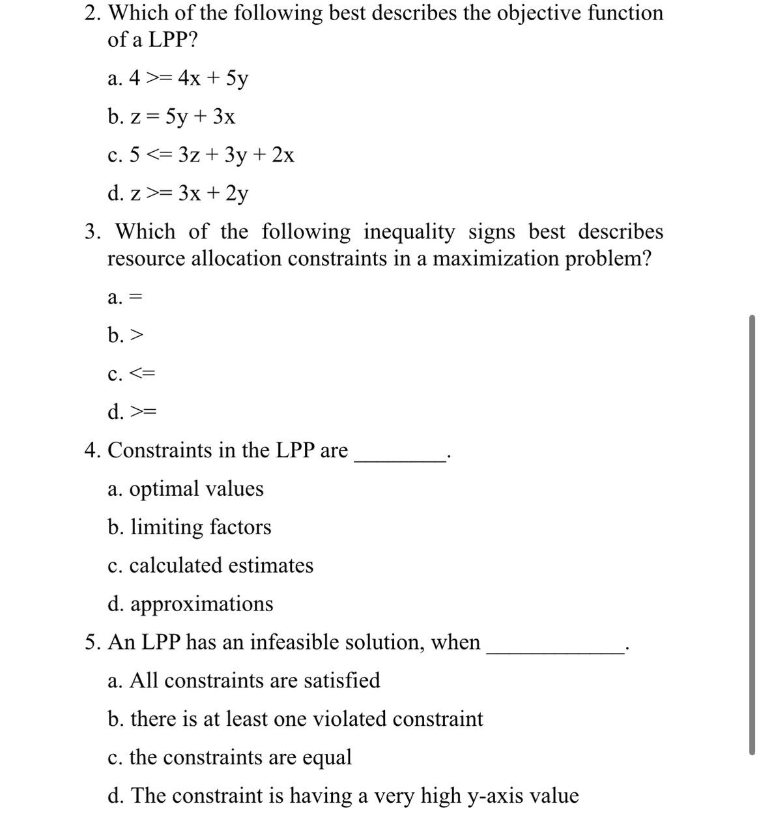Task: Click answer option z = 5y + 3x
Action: click(x=171, y=117)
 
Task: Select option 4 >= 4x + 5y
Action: click(x=178, y=79)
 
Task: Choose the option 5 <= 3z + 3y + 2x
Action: click(x=201, y=156)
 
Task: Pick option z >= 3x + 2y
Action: click(x=178, y=194)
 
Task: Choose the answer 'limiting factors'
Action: click(x=189, y=527)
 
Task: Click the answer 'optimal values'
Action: click(x=185, y=489)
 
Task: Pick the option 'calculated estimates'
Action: click(x=210, y=566)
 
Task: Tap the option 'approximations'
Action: click(x=190, y=604)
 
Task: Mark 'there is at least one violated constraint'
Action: click(x=295, y=719)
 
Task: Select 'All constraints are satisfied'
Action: click(x=244, y=681)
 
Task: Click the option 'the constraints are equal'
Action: click(x=229, y=758)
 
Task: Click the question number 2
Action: click(x=93, y=13)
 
